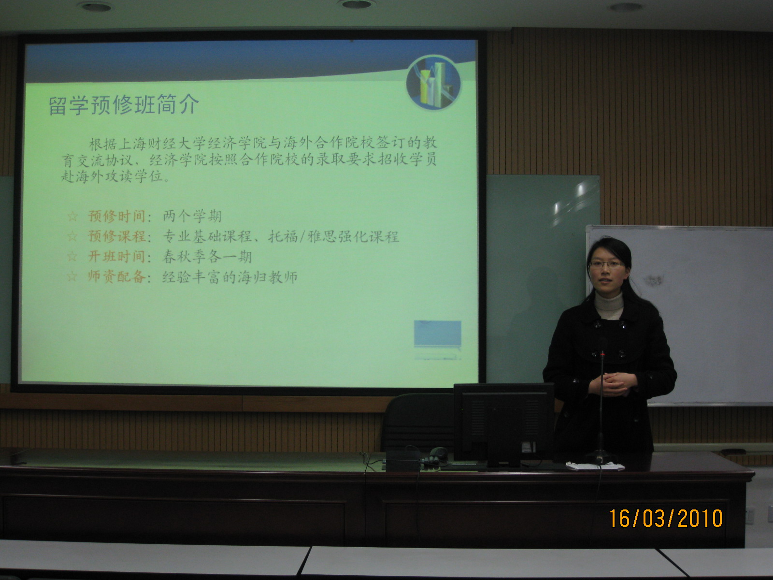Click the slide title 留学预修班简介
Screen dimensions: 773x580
click(x=124, y=105)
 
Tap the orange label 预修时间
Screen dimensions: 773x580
click(x=116, y=216)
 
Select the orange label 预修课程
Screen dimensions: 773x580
click(x=116, y=236)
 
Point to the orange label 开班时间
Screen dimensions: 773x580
click(x=116, y=256)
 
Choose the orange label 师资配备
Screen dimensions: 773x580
click(x=116, y=277)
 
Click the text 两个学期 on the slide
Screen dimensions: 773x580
click(x=192, y=216)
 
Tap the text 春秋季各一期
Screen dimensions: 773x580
click(x=207, y=257)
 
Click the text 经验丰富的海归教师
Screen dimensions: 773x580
click(x=230, y=277)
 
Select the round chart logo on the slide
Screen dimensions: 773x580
click(x=433, y=82)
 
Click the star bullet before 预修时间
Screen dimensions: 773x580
click(x=72, y=216)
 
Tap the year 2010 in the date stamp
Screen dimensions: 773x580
click(x=700, y=518)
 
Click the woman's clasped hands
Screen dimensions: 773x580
click(x=613, y=383)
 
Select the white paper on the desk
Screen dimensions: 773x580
click(x=595, y=465)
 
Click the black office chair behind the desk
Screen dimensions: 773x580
click(x=419, y=422)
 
